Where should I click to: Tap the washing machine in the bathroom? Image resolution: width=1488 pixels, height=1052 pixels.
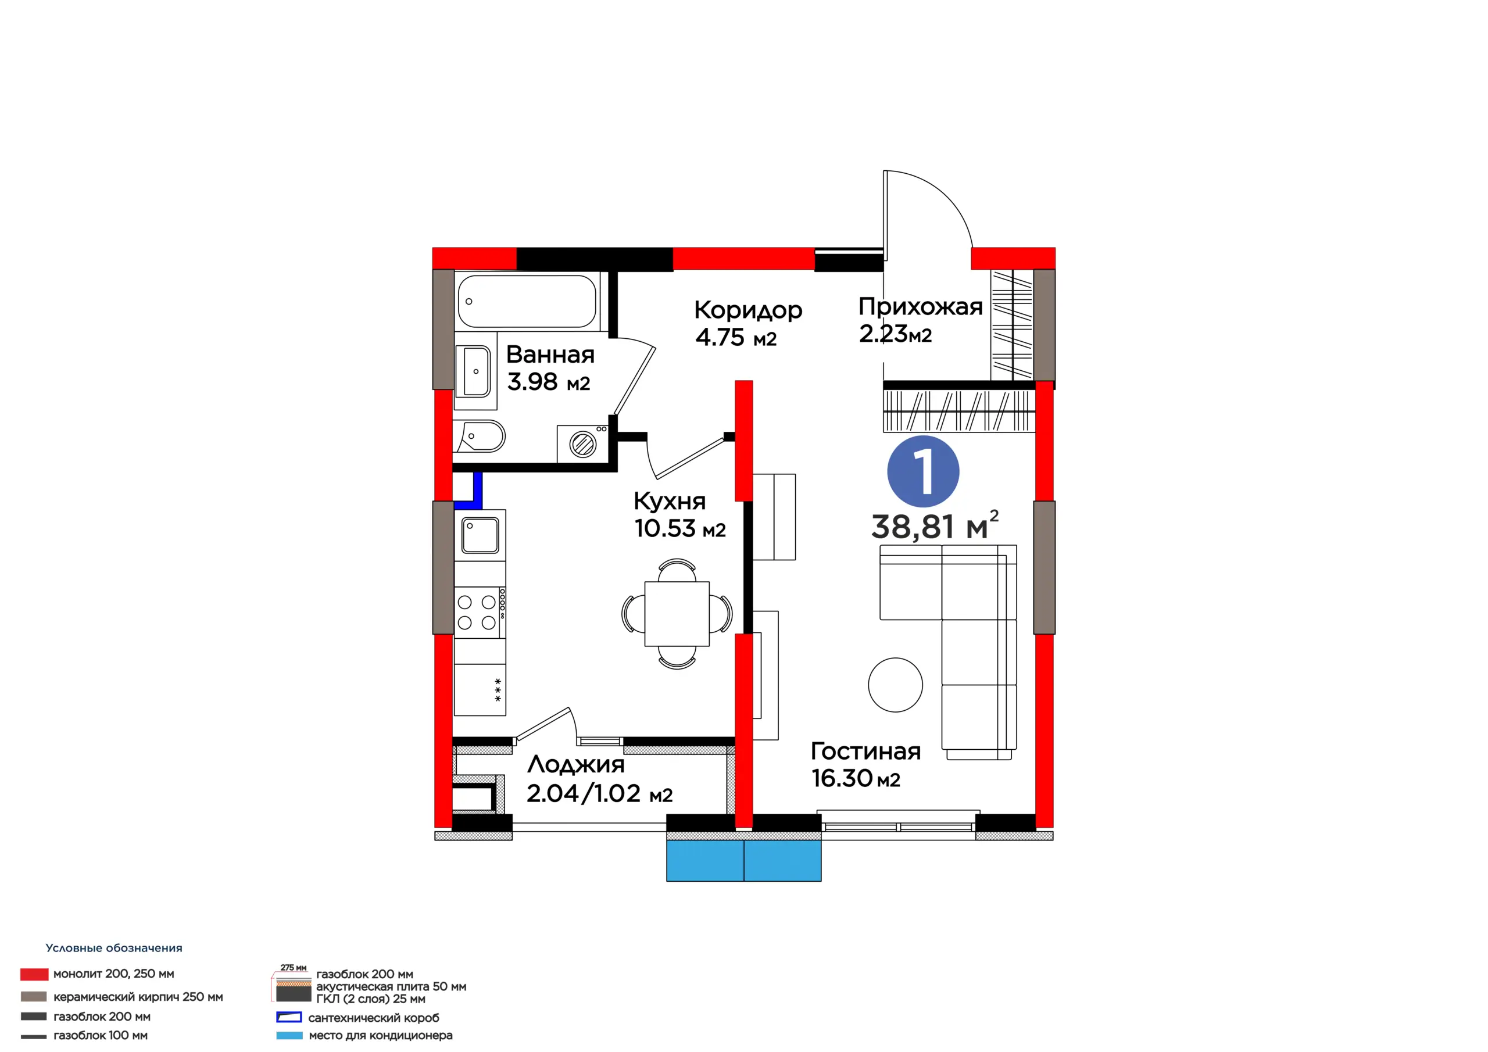582,444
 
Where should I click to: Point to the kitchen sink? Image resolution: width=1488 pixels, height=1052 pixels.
480,535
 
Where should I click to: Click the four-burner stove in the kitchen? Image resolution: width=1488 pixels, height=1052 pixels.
480,613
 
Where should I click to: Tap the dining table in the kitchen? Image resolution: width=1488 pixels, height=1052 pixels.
677,614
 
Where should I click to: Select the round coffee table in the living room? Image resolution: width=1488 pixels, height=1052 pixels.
895,685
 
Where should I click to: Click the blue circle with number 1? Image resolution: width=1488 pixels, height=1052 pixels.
923,471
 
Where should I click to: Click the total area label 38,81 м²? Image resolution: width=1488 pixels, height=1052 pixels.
935,525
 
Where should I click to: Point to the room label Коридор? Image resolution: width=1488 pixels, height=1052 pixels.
748,311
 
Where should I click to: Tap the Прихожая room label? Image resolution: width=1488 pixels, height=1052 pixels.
920,306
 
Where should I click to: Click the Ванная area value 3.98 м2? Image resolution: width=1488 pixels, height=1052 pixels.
548,382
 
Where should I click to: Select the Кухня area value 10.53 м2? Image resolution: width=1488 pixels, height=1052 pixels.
680,528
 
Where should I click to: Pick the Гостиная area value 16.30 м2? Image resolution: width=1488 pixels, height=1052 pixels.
856,778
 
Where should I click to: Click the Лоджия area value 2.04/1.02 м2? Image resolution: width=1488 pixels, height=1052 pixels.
599,793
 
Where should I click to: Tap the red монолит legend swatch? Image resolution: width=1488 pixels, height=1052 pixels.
34,974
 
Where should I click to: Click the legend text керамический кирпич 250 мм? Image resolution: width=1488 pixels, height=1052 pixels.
138,997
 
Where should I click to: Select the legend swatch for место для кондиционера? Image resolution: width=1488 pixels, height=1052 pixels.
289,1036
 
